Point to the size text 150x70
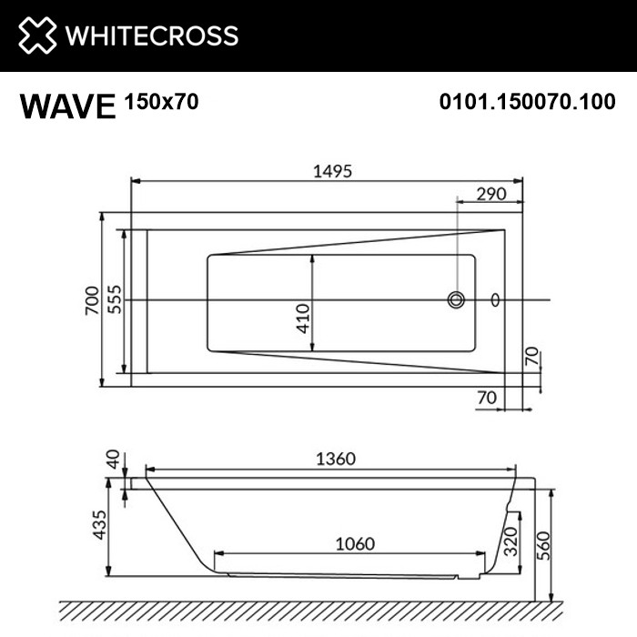click(160, 103)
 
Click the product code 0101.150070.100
click(527, 103)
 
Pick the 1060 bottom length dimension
click(354, 543)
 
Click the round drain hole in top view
click(456, 299)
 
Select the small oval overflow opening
click(495, 299)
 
